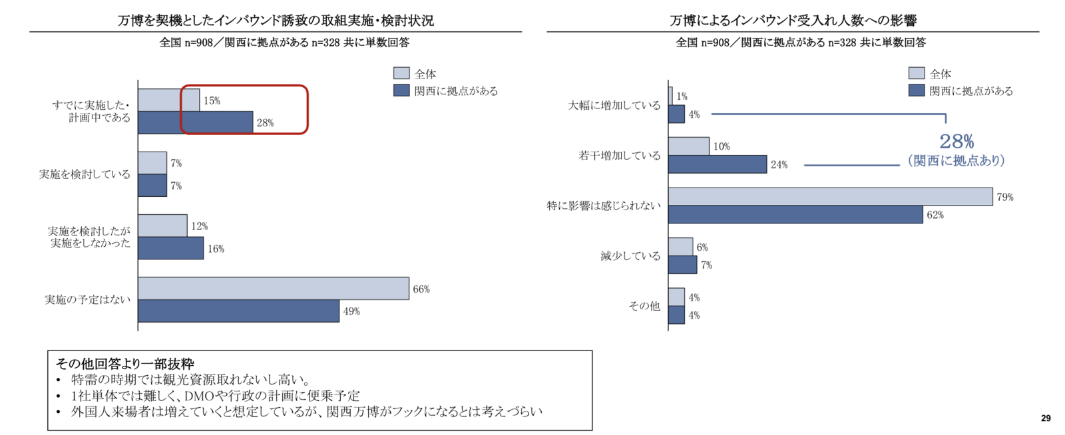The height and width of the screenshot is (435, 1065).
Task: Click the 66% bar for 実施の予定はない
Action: coord(273,289)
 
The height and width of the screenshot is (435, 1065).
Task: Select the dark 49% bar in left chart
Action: coord(238,311)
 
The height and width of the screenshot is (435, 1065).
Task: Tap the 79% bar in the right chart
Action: coord(830,196)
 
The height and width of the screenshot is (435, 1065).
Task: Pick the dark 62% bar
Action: coord(795,214)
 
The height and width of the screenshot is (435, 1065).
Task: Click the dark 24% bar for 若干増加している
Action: coord(718,164)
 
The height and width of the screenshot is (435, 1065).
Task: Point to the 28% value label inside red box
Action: coord(265,123)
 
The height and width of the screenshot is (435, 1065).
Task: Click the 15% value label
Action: coord(212,101)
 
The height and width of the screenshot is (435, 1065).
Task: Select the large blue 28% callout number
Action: coord(957,141)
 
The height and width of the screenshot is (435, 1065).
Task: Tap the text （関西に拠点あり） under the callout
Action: coord(957,161)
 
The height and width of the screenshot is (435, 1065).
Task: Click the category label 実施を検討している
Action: coord(85,174)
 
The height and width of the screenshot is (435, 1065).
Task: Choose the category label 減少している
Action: coord(630,256)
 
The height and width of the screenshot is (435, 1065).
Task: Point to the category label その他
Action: coord(644,306)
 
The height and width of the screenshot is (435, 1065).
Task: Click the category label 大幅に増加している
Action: coord(614,105)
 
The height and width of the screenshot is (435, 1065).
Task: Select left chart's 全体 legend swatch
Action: coord(401,73)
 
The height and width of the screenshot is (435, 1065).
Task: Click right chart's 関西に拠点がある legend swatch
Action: coord(917,90)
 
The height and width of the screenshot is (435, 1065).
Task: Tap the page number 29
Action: coord(1046,418)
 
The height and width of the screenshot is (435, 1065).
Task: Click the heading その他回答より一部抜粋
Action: coord(124,364)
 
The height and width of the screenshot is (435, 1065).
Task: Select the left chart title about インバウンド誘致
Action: coord(276,21)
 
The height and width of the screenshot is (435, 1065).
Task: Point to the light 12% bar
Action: coord(162,225)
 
